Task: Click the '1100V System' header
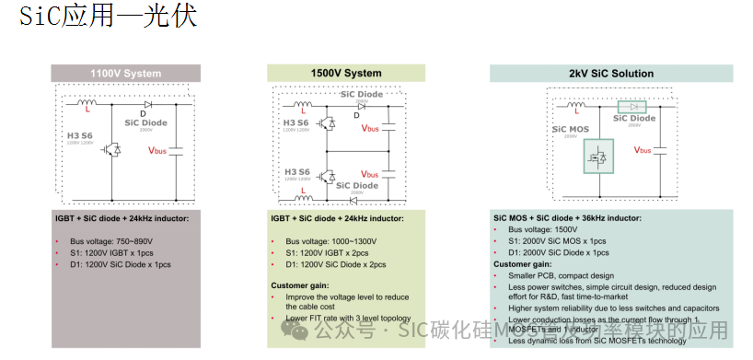pos(125,74)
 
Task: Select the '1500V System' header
pos(346,74)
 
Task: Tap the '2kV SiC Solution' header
pos(610,74)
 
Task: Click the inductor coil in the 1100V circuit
pos(88,103)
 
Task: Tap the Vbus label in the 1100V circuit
pos(157,149)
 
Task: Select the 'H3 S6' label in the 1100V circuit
pos(80,136)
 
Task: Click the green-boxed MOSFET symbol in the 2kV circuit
pos(598,157)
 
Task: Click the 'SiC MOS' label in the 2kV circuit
pos(570,130)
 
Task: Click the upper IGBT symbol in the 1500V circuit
pos(326,123)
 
